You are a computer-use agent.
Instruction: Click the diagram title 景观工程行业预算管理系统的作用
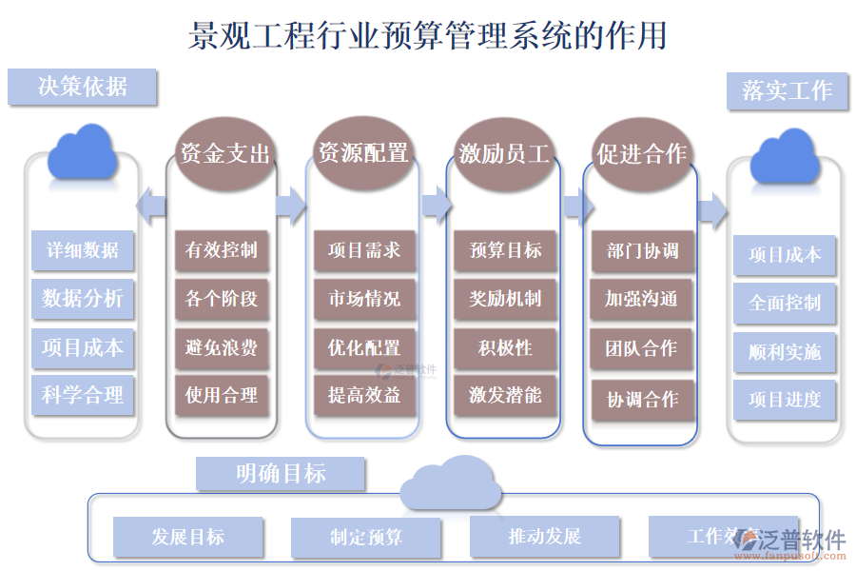(x=427, y=35)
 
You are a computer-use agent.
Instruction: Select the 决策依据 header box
(x=82, y=87)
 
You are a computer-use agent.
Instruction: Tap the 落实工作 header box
(x=787, y=91)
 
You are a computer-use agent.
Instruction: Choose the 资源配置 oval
(x=363, y=152)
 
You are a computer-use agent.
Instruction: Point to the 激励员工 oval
(x=504, y=153)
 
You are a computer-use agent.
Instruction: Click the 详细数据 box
(x=83, y=250)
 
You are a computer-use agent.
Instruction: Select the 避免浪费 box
(x=222, y=347)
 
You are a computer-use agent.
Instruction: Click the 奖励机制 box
(x=505, y=299)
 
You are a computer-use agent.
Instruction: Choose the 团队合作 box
(x=642, y=348)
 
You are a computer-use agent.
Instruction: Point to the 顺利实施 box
(x=785, y=352)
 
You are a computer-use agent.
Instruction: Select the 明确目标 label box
(x=281, y=473)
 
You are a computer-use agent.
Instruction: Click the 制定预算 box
(x=366, y=538)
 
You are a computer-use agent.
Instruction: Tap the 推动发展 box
(x=545, y=537)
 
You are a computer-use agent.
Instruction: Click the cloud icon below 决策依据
(x=83, y=153)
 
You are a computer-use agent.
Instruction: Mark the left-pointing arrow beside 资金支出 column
(x=151, y=203)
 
